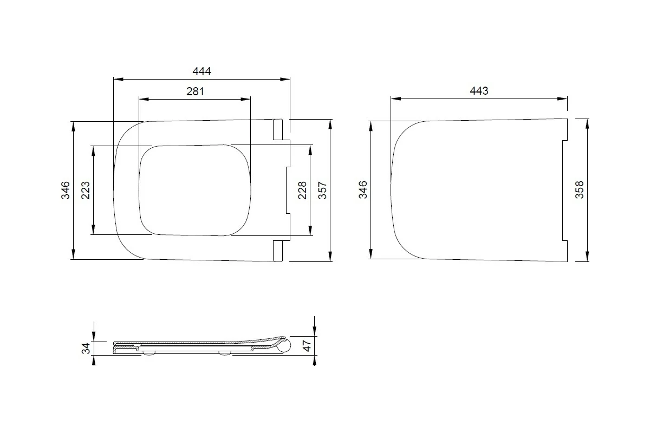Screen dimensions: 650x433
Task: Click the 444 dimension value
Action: click(201, 71)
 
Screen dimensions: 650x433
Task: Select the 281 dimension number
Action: click(195, 91)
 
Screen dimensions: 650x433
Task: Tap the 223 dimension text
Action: click(86, 191)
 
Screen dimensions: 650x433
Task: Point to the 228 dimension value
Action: click(302, 191)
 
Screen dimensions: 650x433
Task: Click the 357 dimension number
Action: click(323, 191)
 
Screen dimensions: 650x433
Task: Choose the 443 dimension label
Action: click(479, 91)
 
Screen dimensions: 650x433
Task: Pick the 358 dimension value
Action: click(579, 189)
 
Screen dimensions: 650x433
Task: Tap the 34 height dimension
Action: click(86, 349)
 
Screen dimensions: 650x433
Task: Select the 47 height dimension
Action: click(307, 346)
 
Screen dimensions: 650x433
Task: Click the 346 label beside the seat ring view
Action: click(66, 191)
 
